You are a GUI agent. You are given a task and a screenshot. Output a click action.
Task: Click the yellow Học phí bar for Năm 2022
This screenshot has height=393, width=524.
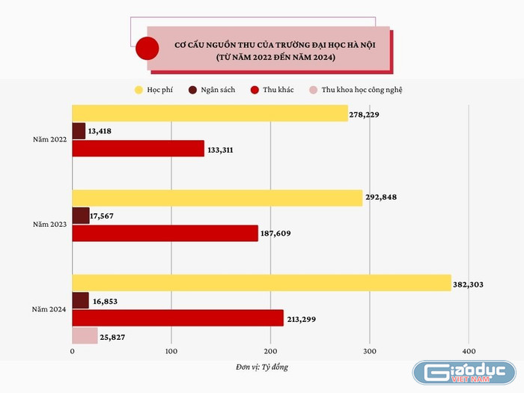pyautogui.click(x=210, y=113)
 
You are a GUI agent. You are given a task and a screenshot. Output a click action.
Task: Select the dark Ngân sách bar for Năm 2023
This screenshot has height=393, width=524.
pyautogui.click(x=80, y=216)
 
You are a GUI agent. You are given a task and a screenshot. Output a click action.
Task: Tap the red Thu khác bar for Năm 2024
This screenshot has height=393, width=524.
pyautogui.click(x=177, y=318)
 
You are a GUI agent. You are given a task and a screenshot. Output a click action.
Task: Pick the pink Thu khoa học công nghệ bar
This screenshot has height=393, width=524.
pyautogui.click(x=85, y=336)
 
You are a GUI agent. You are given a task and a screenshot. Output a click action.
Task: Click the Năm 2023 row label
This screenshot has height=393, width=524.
pyautogui.click(x=50, y=224)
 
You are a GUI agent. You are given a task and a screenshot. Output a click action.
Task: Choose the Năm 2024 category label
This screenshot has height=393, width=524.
pyautogui.click(x=50, y=309)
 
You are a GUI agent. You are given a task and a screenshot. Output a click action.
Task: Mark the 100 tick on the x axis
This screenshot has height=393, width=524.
pyautogui.click(x=171, y=351)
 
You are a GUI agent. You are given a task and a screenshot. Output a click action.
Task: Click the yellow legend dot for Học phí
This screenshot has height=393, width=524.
pyautogui.click(x=138, y=90)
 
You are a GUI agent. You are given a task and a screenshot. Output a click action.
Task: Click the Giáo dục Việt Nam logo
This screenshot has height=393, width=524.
pyautogui.click(x=465, y=374)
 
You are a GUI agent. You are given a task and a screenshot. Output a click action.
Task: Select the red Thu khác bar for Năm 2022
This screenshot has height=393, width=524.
pyautogui.click(x=138, y=148)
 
